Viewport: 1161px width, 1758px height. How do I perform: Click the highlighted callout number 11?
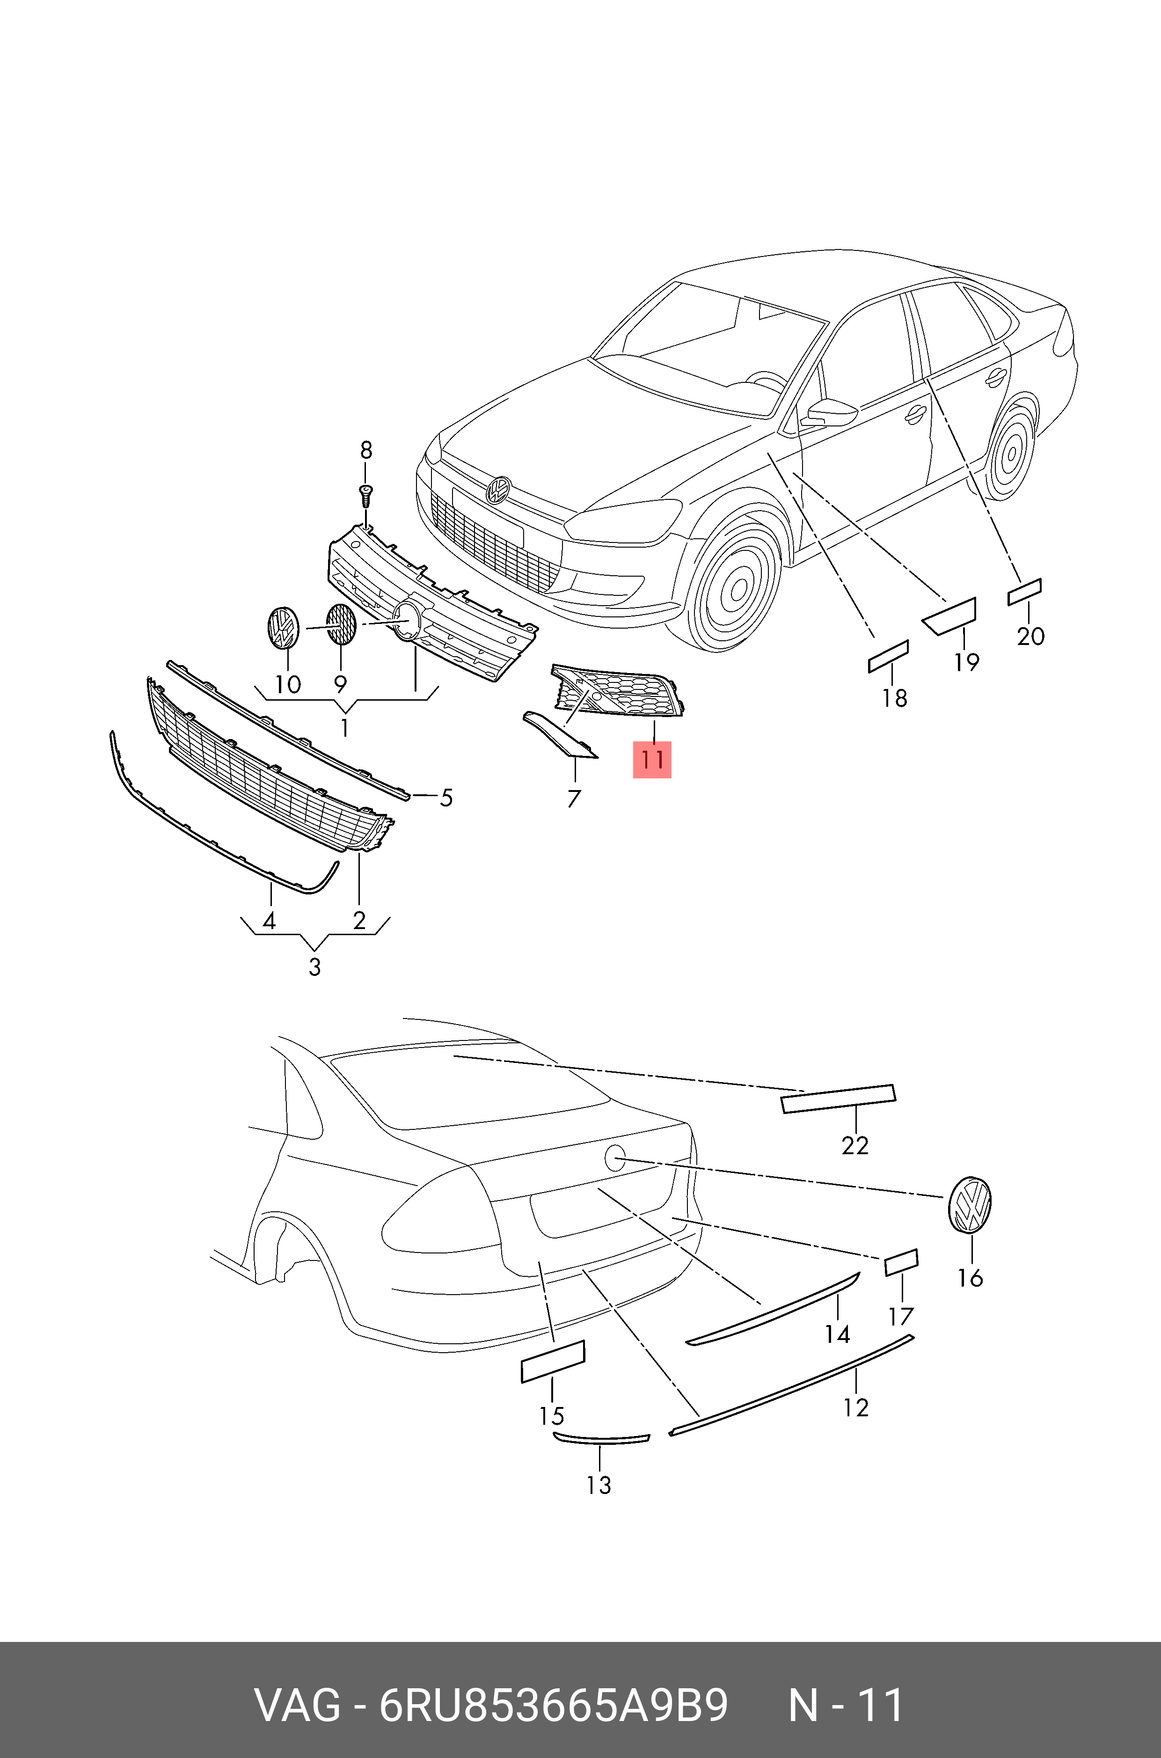point(651,760)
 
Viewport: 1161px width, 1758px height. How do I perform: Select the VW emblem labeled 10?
point(282,628)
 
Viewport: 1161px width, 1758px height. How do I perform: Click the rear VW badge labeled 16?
point(969,1205)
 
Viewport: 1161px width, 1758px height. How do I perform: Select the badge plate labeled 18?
point(888,656)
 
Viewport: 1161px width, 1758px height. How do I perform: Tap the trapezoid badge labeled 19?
point(950,616)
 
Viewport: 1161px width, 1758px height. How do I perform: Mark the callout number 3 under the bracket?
point(314,967)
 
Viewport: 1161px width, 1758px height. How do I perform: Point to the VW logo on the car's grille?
point(498,490)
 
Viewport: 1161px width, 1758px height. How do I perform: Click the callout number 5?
point(446,798)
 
